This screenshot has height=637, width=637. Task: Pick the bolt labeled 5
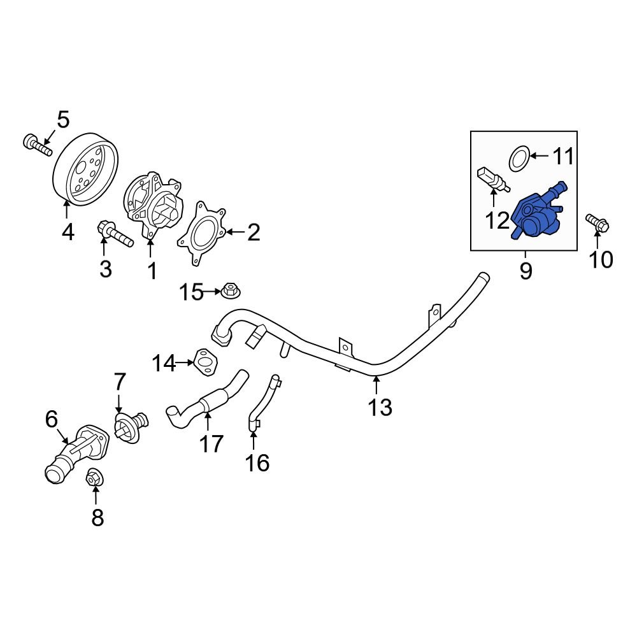tap(38, 146)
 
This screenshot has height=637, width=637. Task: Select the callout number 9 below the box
tap(526, 271)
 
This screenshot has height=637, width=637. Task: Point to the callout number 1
tap(152, 271)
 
